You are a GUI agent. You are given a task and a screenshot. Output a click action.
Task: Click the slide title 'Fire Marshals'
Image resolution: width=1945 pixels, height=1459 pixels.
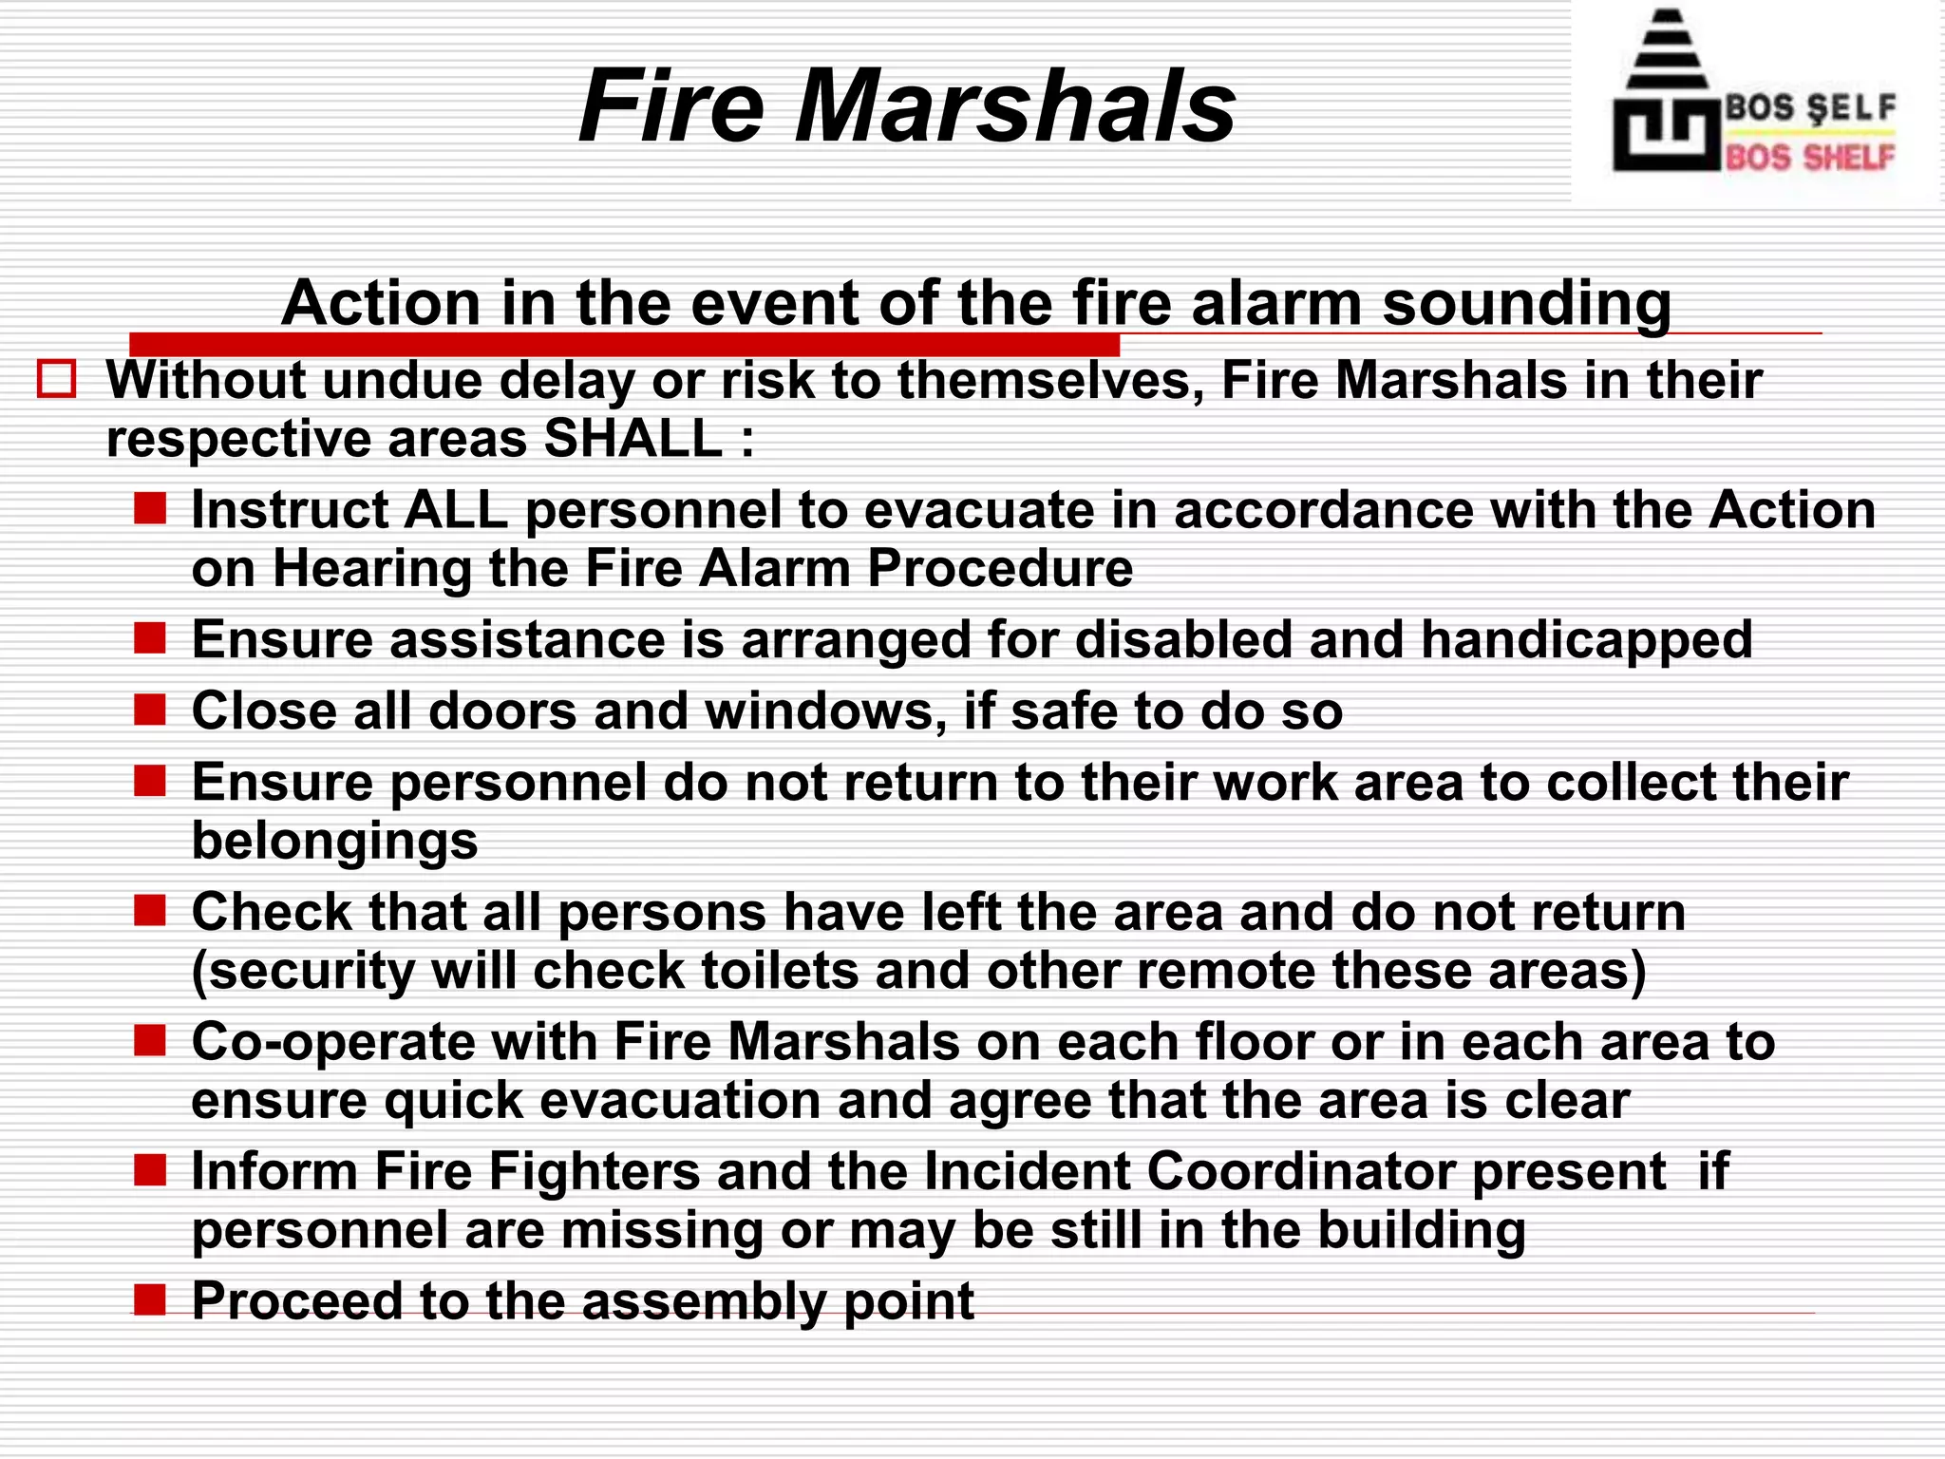click(907, 106)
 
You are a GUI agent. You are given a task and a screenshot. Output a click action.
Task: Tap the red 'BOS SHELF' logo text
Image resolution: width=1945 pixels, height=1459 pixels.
click(1810, 157)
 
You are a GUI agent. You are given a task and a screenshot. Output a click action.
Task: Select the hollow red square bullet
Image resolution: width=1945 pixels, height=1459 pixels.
click(56, 379)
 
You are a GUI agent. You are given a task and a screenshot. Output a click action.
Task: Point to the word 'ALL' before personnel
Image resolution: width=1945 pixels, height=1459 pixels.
click(456, 510)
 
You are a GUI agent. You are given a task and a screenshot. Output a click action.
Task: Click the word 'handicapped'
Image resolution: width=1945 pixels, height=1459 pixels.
click(1587, 640)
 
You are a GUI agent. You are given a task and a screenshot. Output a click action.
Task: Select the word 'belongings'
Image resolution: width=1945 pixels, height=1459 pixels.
click(335, 842)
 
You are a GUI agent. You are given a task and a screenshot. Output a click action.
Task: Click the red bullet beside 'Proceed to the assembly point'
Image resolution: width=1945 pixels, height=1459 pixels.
click(150, 1298)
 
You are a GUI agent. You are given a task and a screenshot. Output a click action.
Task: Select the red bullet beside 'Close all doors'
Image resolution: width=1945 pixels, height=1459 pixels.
click(150, 710)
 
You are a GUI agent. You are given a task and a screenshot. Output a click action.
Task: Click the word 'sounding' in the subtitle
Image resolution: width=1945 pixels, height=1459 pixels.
click(1526, 305)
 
